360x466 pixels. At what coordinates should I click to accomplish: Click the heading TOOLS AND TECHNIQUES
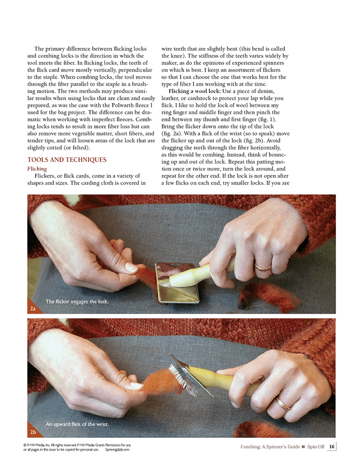[x=67, y=159]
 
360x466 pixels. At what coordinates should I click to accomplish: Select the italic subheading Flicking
[x=37, y=169]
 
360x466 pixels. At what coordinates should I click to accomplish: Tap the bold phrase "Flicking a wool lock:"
[x=195, y=91]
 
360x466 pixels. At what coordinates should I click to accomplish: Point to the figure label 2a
[x=33, y=309]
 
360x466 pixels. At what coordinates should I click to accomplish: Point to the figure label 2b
[x=33, y=432]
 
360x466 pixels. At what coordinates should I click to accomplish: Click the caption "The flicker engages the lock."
[x=77, y=301]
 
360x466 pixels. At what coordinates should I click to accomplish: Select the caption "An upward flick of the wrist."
[x=77, y=424]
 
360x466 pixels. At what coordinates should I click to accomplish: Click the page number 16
[x=332, y=446]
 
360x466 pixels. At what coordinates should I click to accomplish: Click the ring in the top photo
[x=263, y=266]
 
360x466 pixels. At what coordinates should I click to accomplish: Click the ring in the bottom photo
[x=283, y=403]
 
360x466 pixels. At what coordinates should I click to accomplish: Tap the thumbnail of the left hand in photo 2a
[x=131, y=267]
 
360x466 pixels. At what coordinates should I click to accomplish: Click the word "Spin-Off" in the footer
[x=316, y=446]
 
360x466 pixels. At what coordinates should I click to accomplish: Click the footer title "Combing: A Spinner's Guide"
[x=270, y=446]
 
